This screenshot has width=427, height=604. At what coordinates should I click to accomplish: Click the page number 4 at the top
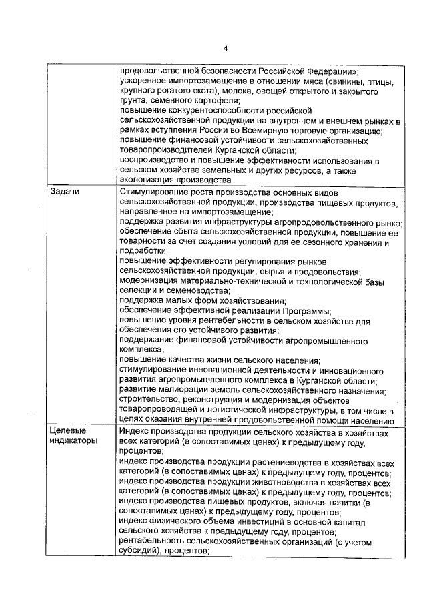pos(226,48)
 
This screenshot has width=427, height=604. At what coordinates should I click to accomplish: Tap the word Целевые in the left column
pos(69,432)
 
